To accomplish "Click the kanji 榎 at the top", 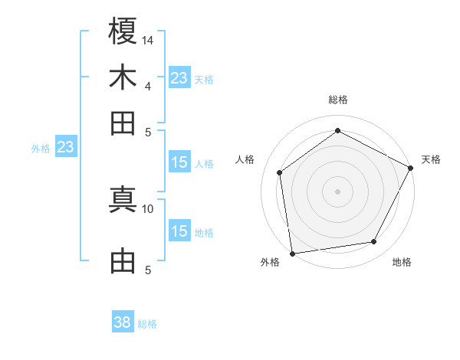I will pos(123,31).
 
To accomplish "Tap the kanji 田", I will pos(123,123).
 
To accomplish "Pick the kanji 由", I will pos(123,261).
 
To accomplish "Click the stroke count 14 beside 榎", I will pos(148,39).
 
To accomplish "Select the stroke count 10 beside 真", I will pos(148,208).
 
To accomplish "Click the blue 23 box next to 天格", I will pos(179,77).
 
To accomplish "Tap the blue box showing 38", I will pos(123,322).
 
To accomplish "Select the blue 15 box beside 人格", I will pos(179,162).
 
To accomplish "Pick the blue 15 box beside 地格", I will pos(179,231).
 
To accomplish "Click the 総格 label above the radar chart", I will pos(338,100).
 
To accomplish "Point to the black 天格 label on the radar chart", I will pos(431,159).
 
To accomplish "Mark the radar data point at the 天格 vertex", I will pos(411,169).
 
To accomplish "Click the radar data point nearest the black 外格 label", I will pos(292,253).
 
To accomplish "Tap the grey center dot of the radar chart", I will pos(338,191).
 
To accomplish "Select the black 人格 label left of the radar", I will pos(245,159).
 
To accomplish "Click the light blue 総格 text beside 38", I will pos(147,324).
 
